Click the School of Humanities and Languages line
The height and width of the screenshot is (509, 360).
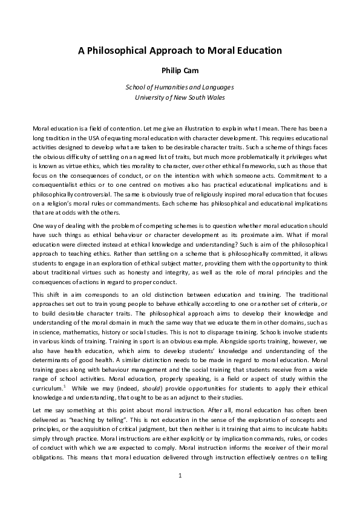(x=180, y=87)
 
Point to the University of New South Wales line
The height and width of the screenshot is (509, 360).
(x=180, y=97)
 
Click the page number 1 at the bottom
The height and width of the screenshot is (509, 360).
(x=180, y=493)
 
